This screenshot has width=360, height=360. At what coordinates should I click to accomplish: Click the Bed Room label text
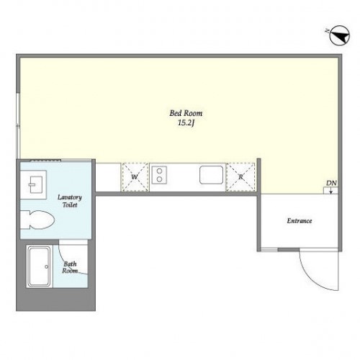186,113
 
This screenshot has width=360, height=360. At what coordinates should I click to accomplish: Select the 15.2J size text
186,123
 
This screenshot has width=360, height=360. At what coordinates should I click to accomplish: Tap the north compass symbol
340,35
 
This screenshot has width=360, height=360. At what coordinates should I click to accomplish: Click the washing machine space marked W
135,177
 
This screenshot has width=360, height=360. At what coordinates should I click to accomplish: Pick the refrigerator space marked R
240,177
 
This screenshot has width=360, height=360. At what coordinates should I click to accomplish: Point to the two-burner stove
159,175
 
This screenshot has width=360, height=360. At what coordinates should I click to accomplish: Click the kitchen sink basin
211,175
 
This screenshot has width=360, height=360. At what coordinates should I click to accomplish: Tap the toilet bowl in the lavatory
37,220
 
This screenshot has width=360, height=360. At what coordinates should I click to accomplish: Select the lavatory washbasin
34,184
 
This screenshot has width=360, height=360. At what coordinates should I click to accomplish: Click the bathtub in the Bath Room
40,266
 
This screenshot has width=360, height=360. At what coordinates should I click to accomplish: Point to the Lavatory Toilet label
70,201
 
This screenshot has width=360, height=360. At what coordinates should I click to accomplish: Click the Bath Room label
70,267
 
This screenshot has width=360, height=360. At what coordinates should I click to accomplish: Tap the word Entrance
300,221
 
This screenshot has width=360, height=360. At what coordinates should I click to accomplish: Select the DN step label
331,183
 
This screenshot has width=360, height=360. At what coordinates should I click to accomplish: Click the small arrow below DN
331,190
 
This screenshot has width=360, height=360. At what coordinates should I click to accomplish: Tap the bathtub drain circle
47,266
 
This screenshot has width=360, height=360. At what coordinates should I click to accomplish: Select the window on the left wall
18,125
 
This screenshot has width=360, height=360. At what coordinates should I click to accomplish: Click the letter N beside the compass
327,31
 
